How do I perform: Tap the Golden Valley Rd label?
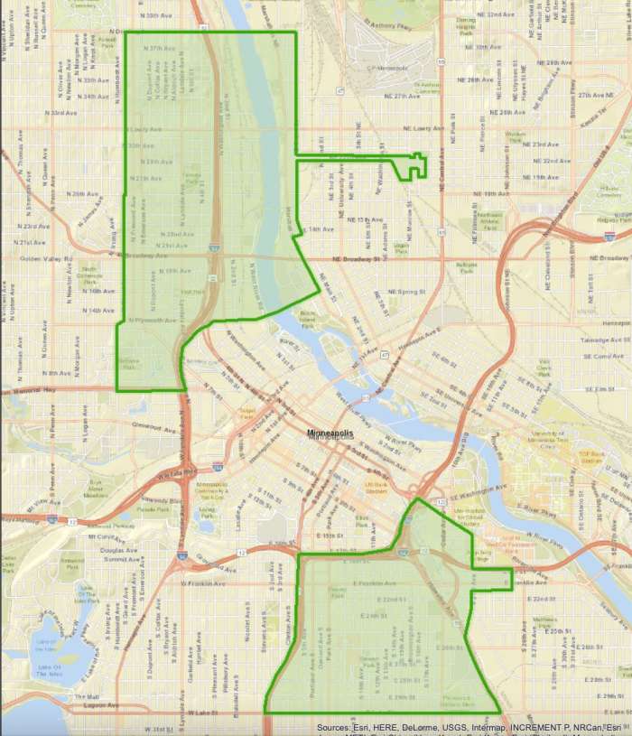(41, 259)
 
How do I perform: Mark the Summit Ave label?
(120, 559)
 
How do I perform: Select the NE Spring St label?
(405, 292)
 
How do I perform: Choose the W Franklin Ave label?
(202, 582)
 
